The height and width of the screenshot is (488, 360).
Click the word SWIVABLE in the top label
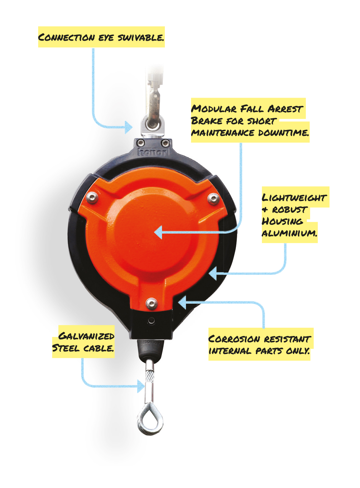pos(141,38)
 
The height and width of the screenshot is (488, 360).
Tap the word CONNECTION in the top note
pos(66,37)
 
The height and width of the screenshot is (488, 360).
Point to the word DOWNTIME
pos(284,133)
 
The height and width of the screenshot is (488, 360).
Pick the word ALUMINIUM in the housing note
pos(289,233)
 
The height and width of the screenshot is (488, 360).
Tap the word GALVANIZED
pos(87,336)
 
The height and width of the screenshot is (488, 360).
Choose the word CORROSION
pos(234,339)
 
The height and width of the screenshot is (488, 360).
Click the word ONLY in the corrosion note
pos(298,351)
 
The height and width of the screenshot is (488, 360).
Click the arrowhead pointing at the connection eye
pos(129,127)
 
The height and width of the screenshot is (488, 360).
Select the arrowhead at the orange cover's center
pos(158,232)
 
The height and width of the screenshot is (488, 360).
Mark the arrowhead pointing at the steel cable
pos(141,386)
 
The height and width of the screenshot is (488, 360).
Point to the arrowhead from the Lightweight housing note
pos(213,273)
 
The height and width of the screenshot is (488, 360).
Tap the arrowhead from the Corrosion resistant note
pos(182,302)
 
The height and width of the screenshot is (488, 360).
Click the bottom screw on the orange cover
pos(152,304)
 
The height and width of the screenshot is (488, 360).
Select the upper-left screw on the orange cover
pos(92,197)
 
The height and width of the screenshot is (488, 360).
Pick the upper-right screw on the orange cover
pos(213,199)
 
